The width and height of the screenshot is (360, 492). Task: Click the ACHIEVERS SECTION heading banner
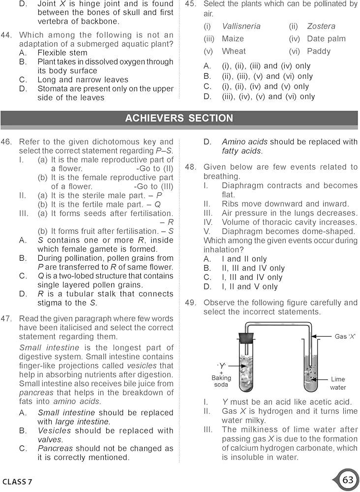179,119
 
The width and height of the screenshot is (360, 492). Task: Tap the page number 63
348,480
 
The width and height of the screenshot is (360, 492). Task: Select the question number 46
6,142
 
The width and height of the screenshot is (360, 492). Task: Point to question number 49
191,303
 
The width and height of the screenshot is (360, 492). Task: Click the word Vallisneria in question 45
241,26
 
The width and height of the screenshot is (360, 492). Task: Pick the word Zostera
321,26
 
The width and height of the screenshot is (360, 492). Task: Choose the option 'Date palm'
326,39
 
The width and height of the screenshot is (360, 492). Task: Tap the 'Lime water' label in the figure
338,383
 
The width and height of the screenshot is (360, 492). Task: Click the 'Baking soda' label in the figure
221,381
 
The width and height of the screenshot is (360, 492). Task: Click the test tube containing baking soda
246,369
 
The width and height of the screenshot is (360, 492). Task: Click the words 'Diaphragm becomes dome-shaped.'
288,231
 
